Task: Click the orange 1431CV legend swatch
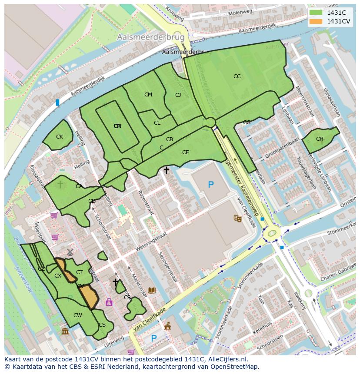pos(316,21)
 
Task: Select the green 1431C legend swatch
pos(316,13)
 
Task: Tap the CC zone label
pos(237,76)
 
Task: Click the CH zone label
pos(320,139)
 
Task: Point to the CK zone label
pos(60,137)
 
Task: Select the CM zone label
pos(148,95)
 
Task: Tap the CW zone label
pos(77,315)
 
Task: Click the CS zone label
pos(102,325)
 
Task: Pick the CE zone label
pos(186,152)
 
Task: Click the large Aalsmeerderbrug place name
pos(151,38)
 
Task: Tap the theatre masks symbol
pos(237,218)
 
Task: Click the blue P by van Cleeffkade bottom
pos(153,338)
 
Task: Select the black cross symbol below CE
pos(166,171)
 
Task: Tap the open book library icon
pos(151,290)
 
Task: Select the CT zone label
pos(80,272)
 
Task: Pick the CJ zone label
pos(178,95)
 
